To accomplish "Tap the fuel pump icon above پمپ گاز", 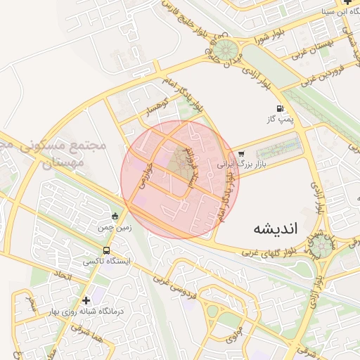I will tap(281, 109).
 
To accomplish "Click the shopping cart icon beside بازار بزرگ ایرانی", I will tap(241, 154).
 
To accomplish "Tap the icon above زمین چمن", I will tap(115, 216).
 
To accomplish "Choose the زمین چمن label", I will tap(115, 227).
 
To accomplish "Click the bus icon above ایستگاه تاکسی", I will tap(106, 250).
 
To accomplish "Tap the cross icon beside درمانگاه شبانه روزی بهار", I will tap(86, 300).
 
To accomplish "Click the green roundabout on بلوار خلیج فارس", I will tap(225, 50).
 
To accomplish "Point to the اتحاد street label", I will tap(62, 277).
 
